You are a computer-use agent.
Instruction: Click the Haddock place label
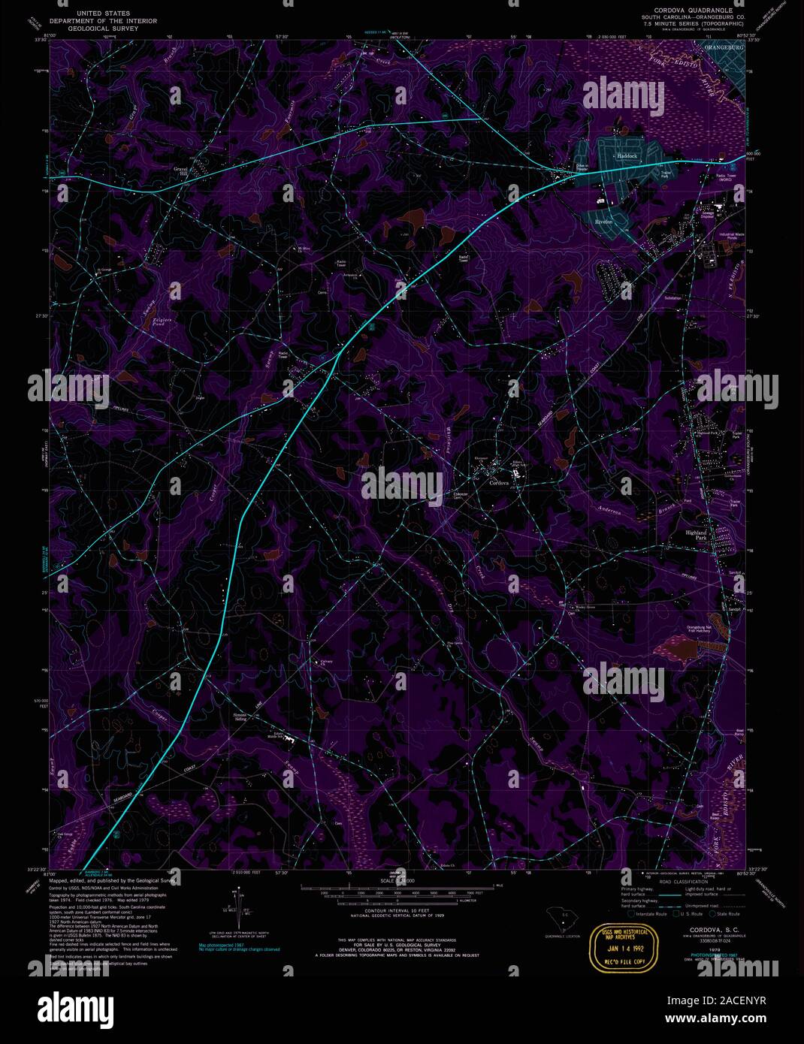pos(627,156)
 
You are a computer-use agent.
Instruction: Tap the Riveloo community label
pos(604,222)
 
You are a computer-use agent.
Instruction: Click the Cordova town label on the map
pos(499,483)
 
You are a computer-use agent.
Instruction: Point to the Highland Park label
pos(697,536)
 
